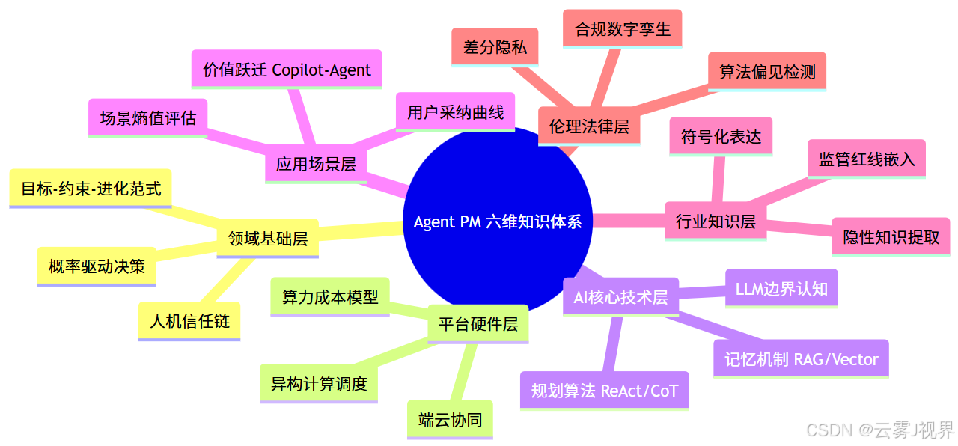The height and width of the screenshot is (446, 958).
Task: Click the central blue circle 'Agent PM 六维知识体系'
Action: coord(497,222)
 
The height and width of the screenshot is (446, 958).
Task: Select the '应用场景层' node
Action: coord(316,164)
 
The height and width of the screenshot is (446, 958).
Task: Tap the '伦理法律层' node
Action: coord(589,126)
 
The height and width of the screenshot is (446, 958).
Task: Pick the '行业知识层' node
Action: coord(716,221)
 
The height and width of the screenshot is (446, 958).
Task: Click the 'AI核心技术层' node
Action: coord(620,296)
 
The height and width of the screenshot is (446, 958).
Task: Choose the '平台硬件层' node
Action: coord(478,324)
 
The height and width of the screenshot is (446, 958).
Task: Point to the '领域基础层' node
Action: coord(267,239)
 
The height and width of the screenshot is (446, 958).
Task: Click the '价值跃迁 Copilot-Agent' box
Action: coord(287,70)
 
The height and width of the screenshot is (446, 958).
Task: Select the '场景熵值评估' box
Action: coord(148,117)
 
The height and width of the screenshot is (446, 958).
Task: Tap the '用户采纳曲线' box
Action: coord(455,112)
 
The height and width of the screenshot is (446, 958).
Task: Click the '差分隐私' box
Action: coord(495,47)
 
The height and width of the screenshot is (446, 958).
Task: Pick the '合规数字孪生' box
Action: coord(622,29)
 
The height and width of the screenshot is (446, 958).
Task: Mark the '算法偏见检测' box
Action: coord(767,72)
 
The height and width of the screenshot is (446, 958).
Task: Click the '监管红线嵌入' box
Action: coord(867,159)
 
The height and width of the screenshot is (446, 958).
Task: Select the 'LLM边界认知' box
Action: coord(781,288)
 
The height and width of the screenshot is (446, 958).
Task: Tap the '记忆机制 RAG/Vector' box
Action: coord(801,359)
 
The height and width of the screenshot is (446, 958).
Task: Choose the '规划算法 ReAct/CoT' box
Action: coord(604,391)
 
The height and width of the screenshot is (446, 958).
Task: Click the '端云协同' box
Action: coord(451,420)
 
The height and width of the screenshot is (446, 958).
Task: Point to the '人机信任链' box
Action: coord(190,321)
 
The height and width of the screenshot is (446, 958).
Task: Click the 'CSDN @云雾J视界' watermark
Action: coord(880,430)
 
